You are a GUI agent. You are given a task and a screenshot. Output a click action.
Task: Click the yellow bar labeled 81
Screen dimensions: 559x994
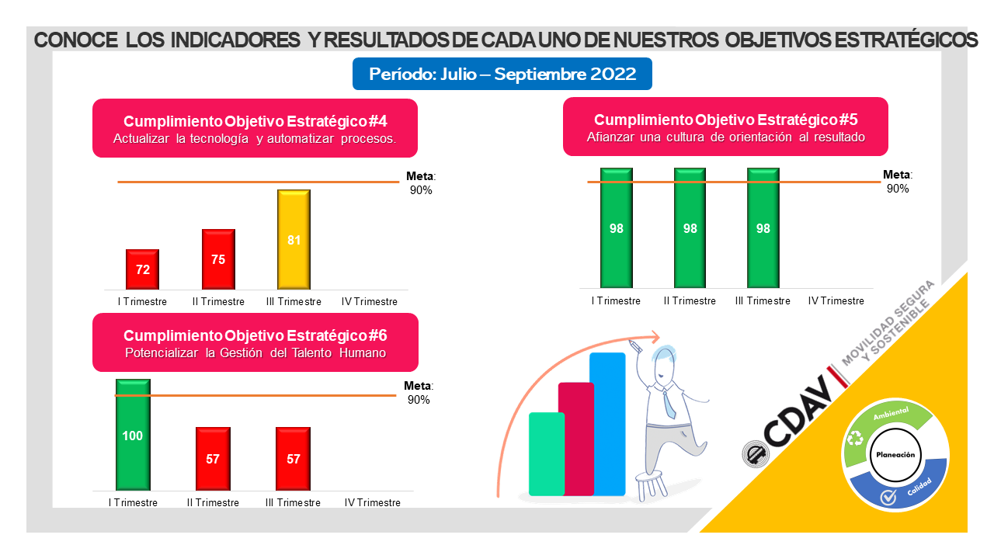point(294,238)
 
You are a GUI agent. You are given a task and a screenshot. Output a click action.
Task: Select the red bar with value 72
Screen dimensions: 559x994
point(143,269)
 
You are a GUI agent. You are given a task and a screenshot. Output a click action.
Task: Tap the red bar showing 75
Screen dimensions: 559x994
point(218,259)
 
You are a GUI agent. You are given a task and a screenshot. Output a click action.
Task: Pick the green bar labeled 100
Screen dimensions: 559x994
point(133,434)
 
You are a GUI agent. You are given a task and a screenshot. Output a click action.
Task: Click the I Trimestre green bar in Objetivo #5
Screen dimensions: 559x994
point(617,227)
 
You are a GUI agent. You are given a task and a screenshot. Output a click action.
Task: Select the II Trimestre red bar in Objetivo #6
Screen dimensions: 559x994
point(213,458)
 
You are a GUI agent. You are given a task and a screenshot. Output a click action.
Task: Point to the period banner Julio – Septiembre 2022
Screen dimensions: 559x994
point(502,75)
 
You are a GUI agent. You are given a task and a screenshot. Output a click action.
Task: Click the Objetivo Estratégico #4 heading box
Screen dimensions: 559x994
point(255,129)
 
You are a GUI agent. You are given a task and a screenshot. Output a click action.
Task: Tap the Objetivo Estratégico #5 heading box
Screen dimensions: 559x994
point(725,127)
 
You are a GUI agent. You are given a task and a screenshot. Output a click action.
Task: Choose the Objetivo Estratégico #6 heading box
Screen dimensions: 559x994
point(255,342)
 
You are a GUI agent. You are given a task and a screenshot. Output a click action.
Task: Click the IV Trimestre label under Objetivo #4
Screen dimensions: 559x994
point(370,302)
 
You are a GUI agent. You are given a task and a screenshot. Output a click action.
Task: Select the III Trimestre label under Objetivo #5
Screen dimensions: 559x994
point(763,301)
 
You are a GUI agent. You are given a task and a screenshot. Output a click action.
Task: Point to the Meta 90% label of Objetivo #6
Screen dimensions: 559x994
point(419,393)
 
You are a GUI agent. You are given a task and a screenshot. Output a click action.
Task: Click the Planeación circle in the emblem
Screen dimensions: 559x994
point(895,455)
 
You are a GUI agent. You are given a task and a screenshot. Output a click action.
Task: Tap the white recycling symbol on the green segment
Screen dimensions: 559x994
point(856,439)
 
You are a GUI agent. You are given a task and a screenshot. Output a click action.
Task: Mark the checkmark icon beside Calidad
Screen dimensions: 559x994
point(888,498)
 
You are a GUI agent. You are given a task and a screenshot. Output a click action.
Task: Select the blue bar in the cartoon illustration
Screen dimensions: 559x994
point(608,423)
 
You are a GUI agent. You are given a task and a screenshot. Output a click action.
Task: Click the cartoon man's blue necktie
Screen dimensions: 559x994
point(669,404)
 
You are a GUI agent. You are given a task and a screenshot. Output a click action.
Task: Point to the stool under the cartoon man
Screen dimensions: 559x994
point(650,484)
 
